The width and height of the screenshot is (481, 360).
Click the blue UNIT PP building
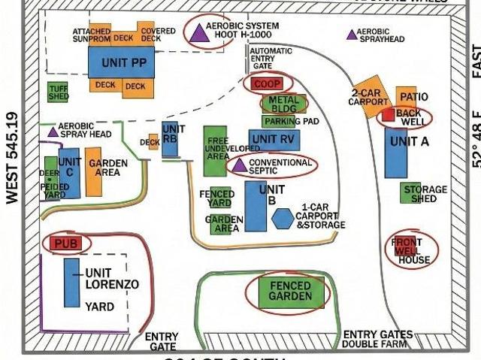(x=121, y=62)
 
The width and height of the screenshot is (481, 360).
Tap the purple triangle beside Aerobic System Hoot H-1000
(x=198, y=32)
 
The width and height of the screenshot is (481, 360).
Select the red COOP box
(x=267, y=83)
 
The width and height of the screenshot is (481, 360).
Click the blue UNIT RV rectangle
(x=274, y=139)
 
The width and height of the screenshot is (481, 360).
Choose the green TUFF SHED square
(x=58, y=92)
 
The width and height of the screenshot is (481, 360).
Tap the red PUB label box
(x=66, y=244)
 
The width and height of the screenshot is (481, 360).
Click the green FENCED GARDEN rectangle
(x=291, y=292)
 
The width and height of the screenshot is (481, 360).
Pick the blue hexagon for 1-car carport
(x=283, y=218)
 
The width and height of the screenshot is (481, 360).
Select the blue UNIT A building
(x=396, y=153)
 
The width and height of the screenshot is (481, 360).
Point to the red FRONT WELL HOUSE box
(x=404, y=247)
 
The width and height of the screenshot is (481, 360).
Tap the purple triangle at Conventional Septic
(x=239, y=165)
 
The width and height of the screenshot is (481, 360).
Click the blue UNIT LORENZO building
(x=72, y=283)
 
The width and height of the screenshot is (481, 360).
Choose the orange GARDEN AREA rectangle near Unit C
(x=93, y=172)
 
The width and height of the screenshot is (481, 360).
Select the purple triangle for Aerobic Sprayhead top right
(x=351, y=34)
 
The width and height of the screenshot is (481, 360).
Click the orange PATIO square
(x=407, y=97)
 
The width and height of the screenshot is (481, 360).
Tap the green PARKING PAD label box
(x=290, y=121)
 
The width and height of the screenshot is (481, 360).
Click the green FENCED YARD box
(x=220, y=198)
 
